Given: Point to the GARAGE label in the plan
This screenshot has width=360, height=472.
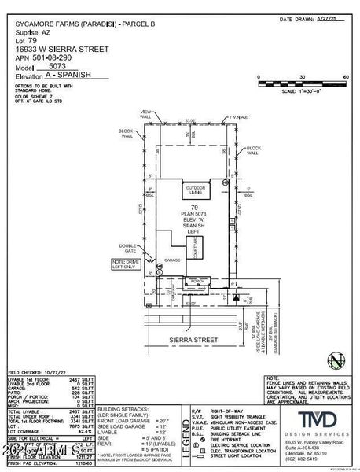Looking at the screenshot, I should (x=172, y=259).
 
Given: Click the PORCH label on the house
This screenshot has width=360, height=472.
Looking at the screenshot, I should (x=196, y=279).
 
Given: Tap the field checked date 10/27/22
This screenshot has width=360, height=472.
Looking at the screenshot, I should (x=59, y=372).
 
